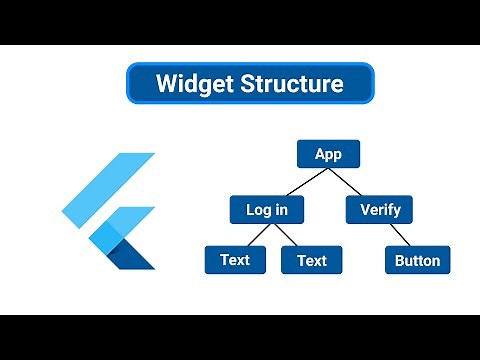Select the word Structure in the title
pos(292,83)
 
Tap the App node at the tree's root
pos(328,154)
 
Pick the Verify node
pos(379,210)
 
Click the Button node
pos(417,260)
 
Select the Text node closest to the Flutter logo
pos(235,260)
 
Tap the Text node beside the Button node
pos(311,260)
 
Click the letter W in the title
pos(166,83)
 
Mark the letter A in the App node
pos(319,154)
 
